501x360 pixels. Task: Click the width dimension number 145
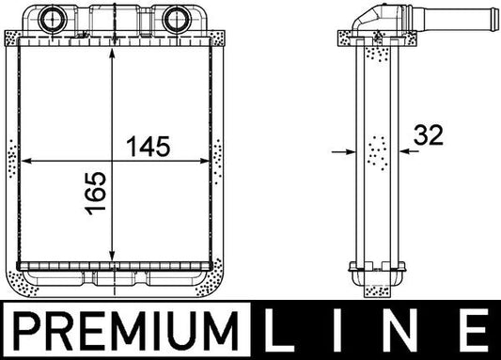click(148, 147)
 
